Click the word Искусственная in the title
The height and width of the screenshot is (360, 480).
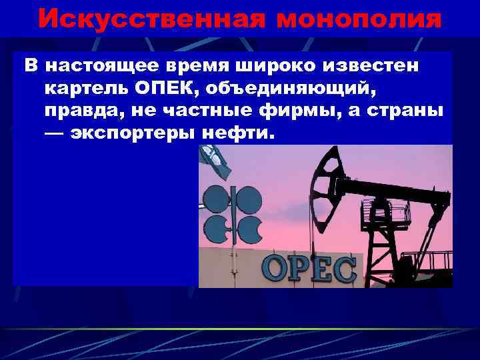point(133,19)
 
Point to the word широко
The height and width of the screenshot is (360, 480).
point(277,66)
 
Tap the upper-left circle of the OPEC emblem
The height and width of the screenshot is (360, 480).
point(217,198)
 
